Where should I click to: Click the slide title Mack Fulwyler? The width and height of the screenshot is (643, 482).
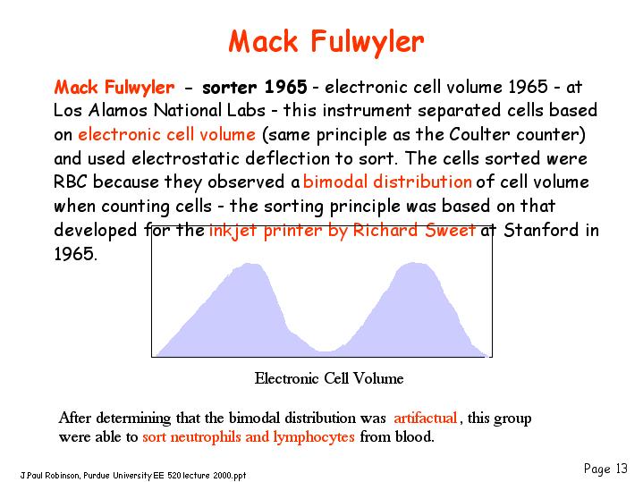(326, 42)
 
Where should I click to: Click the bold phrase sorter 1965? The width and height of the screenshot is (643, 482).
(255, 87)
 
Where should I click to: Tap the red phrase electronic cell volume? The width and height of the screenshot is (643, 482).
(167, 134)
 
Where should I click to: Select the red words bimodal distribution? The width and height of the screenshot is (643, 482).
(387, 182)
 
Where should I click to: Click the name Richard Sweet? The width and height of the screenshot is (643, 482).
(414, 230)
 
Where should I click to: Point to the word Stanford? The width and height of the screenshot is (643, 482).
(541, 230)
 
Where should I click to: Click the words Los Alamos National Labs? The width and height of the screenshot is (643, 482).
(159, 110)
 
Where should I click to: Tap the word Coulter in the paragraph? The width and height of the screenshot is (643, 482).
(479, 134)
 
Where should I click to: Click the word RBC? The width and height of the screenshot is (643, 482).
(70, 182)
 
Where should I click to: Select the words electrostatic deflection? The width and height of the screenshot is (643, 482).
(231, 158)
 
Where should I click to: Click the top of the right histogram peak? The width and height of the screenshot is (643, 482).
(413, 263)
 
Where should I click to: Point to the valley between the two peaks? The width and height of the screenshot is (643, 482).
(326, 351)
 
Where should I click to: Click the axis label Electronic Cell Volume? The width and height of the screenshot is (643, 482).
(329, 378)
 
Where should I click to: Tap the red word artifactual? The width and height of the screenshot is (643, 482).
(426, 418)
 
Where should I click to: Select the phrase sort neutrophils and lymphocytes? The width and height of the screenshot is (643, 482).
(249, 437)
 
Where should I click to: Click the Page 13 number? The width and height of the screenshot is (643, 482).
(605, 469)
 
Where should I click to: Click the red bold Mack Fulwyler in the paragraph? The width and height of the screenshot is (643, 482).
(114, 88)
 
